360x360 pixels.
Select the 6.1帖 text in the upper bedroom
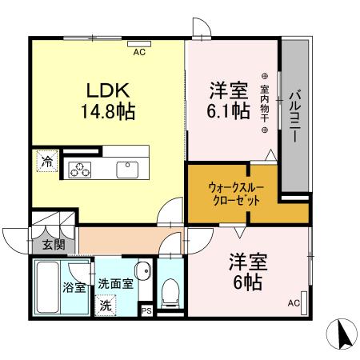(228, 110)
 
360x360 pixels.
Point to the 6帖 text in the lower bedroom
(247, 281)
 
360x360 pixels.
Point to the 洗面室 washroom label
(116, 283)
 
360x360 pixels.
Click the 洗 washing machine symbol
(106, 304)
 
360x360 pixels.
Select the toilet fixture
(169, 293)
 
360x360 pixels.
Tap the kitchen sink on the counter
(127, 168)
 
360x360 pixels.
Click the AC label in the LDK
(138, 52)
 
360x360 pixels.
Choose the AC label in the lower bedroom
(293, 302)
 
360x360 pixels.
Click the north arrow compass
(341, 333)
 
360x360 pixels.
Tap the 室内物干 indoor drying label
(265, 103)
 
